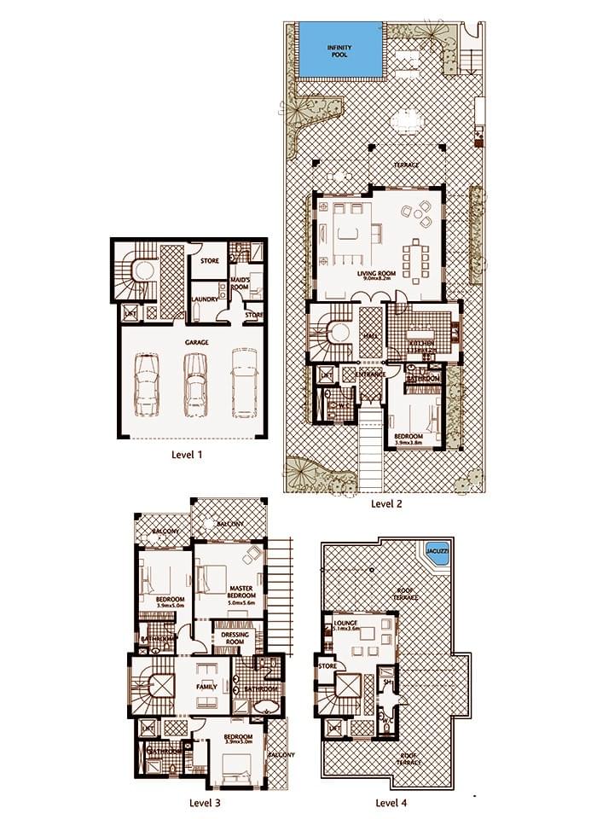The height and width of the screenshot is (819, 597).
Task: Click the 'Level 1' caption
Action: click(x=188, y=455)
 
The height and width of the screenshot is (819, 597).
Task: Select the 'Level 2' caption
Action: click(x=386, y=503)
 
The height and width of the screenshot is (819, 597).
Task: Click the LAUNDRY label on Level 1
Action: click(x=205, y=299)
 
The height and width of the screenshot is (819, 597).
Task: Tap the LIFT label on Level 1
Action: click(x=130, y=314)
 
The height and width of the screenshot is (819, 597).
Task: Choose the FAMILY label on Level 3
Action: click(x=206, y=686)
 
